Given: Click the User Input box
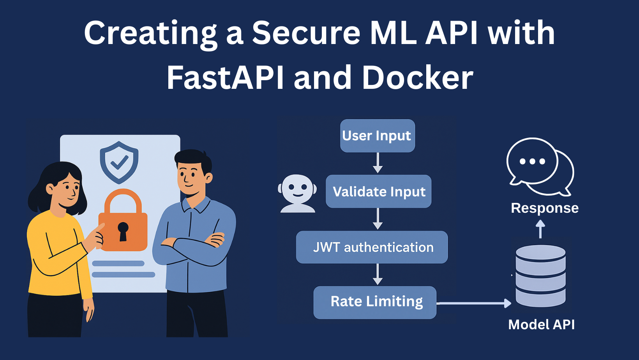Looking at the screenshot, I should point(377,136).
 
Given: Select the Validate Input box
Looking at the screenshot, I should point(378,191).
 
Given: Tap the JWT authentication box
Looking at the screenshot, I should point(372,247).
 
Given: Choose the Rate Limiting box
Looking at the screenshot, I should point(374,302).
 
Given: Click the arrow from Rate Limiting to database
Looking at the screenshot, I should point(473,303).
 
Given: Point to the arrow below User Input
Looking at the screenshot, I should point(378,162).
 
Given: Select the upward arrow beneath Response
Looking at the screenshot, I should point(540,229).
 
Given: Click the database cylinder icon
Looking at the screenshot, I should point(540,275).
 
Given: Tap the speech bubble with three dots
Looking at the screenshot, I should point(532,161).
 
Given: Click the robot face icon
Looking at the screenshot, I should point(297,193).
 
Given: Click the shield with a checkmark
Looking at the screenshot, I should point(119,162).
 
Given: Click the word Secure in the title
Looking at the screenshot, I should point(306,33).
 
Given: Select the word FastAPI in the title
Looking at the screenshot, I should point(226,78).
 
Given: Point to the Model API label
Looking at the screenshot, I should point(541,325).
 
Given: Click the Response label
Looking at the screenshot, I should point(544,208).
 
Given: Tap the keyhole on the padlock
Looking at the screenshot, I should point(123,231).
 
